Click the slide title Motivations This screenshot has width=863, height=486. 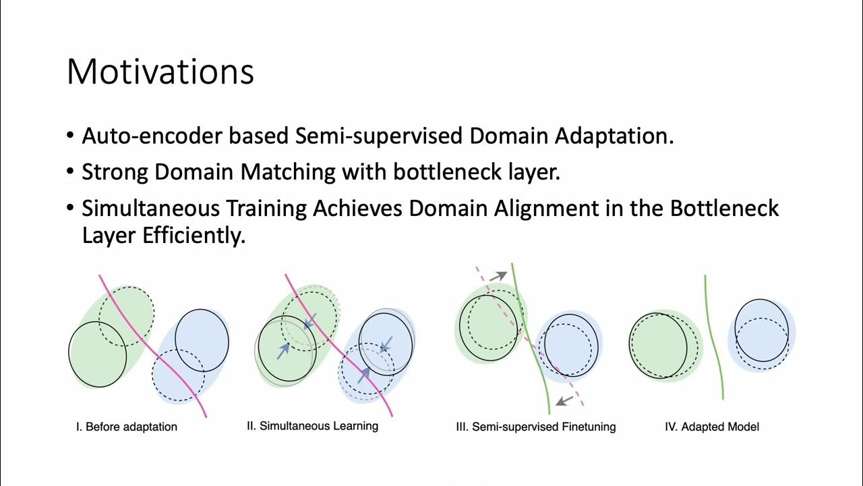point(160,72)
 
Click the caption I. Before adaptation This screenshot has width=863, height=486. point(127,427)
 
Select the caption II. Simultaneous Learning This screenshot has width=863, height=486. point(312,426)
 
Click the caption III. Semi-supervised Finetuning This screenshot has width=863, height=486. point(536,427)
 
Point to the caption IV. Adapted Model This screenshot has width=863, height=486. point(712,427)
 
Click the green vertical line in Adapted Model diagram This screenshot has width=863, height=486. point(713,337)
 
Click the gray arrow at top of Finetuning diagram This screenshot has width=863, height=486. point(498,275)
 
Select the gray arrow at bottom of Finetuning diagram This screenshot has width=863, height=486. point(564,400)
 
